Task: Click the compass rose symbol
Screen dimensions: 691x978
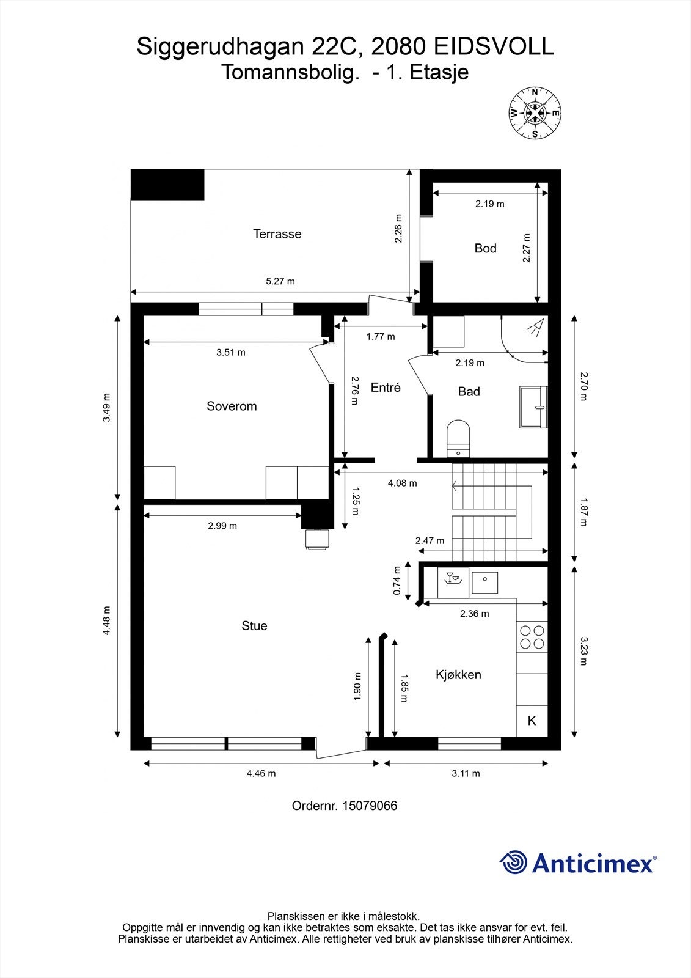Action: pyautogui.click(x=535, y=113)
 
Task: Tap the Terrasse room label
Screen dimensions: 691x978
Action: pyautogui.click(x=277, y=234)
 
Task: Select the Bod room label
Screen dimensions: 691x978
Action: pyautogui.click(x=485, y=248)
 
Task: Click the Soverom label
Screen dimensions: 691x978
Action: pyautogui.click(x=232, y=406)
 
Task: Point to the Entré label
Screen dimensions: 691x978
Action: pyautogui.click(x=386, y=388)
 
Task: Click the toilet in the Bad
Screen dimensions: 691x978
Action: pyautogui.click(x=458, y=438)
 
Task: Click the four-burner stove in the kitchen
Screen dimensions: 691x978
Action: pyautogui.click(x=532, y=637)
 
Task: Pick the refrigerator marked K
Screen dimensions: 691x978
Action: pyautogui.click(x=532, y=721)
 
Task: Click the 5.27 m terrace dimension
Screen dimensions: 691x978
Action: pyautogui.click(x=280, y=281)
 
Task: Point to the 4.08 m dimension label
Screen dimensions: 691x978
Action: pyautogui.click(x=403, y=483)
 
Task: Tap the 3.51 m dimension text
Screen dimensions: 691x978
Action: pyautogui.click(x=231, y=352)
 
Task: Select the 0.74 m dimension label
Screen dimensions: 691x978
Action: pyautogui.click(x=397, y=580)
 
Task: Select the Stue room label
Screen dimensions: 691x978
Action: pyautogui.click(x=255, y=626)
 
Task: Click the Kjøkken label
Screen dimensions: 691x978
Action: pyautogui.click(x=458, y=675)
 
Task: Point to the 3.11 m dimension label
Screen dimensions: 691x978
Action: pyautogui.click(x=466, y=774)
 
